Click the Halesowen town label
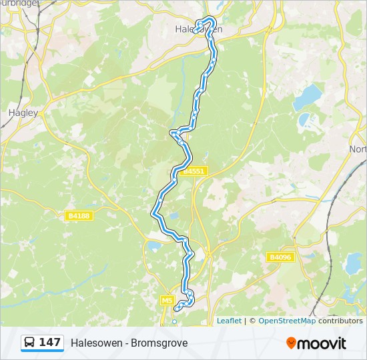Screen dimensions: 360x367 tap(198, 29)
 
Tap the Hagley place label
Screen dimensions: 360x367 tap(23, 113)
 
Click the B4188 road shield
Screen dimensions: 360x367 tap(79, 216)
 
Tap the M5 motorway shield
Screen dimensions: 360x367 tap(167, 301)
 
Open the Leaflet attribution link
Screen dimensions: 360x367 tap(229, 321)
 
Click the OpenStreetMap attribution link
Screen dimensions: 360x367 tap(287, 321)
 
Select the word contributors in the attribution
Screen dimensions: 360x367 tap(340, 321)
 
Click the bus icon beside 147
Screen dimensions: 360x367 tap(30, 343)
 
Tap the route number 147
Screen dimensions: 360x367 tap(50, 343)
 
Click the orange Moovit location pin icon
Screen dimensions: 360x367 tap(292, 343)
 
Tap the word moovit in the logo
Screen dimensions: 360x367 tap(322, 343)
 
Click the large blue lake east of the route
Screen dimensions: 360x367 tap(307, 97)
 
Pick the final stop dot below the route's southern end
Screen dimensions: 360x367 tap(175, 321)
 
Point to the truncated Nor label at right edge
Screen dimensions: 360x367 tap(358, 149)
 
